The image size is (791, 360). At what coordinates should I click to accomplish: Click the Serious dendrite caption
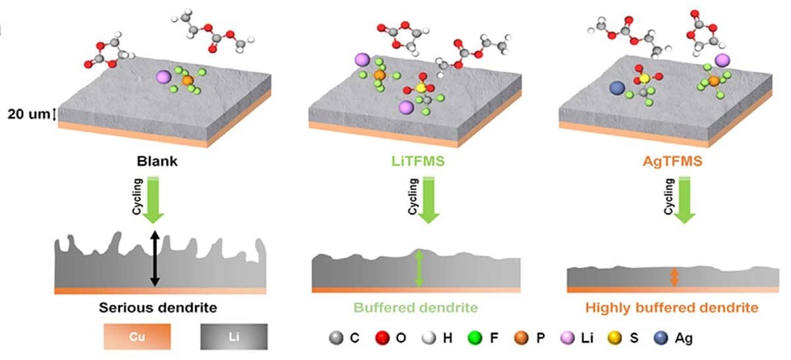pos(158,307)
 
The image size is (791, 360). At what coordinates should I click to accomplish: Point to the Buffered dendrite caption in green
pos(415,307)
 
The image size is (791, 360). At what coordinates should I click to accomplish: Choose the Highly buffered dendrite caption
pos(671,307)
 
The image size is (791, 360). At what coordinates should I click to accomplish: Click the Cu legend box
pos(136,336)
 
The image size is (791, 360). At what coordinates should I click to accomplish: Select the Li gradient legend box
pos(234,336)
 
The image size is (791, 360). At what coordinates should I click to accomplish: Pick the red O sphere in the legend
pos(380,338)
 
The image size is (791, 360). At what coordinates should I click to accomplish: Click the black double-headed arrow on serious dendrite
pos(155,258)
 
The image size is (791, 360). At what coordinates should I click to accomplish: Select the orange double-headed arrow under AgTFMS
pos(674,276)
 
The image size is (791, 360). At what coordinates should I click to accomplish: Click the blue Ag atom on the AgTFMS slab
pos(618,88)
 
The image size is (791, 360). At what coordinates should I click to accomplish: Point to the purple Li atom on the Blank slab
pos(163,77)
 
